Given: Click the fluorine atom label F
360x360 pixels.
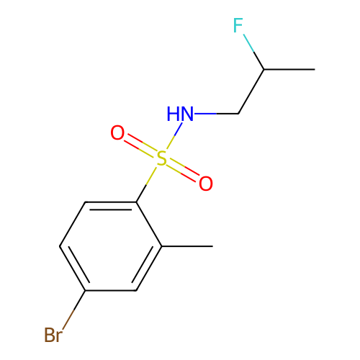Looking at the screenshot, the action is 238,25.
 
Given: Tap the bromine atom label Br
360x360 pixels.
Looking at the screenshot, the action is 53,335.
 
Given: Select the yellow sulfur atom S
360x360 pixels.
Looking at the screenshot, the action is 161,158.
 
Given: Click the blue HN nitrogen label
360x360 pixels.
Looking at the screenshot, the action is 180,114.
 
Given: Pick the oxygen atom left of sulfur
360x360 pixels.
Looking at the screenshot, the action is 117,132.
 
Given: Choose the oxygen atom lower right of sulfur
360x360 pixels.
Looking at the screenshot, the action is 206,184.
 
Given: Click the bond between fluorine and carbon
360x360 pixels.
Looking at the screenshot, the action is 253,52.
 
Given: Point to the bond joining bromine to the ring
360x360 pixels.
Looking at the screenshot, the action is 74,310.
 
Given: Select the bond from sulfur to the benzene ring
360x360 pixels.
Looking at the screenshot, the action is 146,185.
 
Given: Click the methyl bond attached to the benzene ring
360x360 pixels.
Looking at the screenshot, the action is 187,246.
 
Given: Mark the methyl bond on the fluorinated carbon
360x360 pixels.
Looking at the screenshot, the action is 289,69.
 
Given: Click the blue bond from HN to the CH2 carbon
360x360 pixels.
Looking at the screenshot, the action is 216,114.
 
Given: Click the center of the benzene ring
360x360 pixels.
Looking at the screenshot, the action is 111,246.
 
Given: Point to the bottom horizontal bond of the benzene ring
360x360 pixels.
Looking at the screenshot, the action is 111,290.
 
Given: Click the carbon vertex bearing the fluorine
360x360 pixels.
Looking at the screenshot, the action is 264,69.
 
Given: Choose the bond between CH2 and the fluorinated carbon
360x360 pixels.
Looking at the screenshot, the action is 251,91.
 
